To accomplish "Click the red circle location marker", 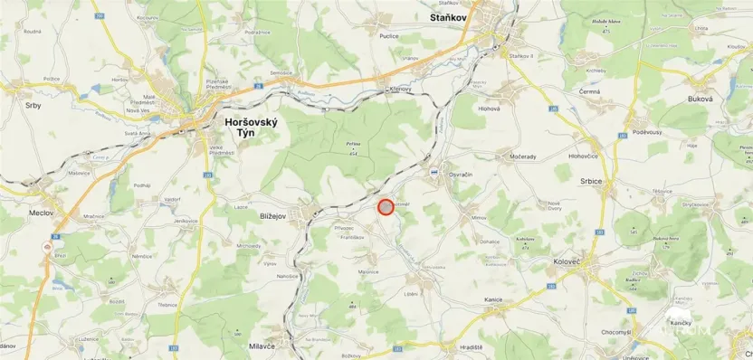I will tap(386, 207).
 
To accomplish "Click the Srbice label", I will tap(592, 181).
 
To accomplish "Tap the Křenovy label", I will tap(399, 90).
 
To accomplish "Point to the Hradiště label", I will tap(470, 347).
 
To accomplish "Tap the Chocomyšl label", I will tap(616, 332).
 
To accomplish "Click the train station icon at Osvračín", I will tap(435, 172).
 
